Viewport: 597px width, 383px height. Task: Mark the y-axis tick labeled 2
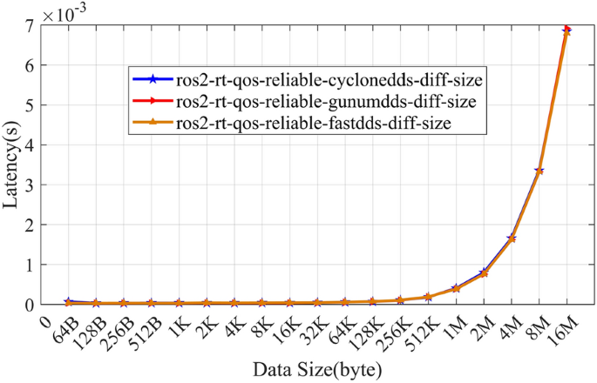pyautogui.click(x=31, y=225)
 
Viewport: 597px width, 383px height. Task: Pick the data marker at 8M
pyautogui.click(x=539, y=171)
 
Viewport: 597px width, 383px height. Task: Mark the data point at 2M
pyautogui.click(x=485, y=272)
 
